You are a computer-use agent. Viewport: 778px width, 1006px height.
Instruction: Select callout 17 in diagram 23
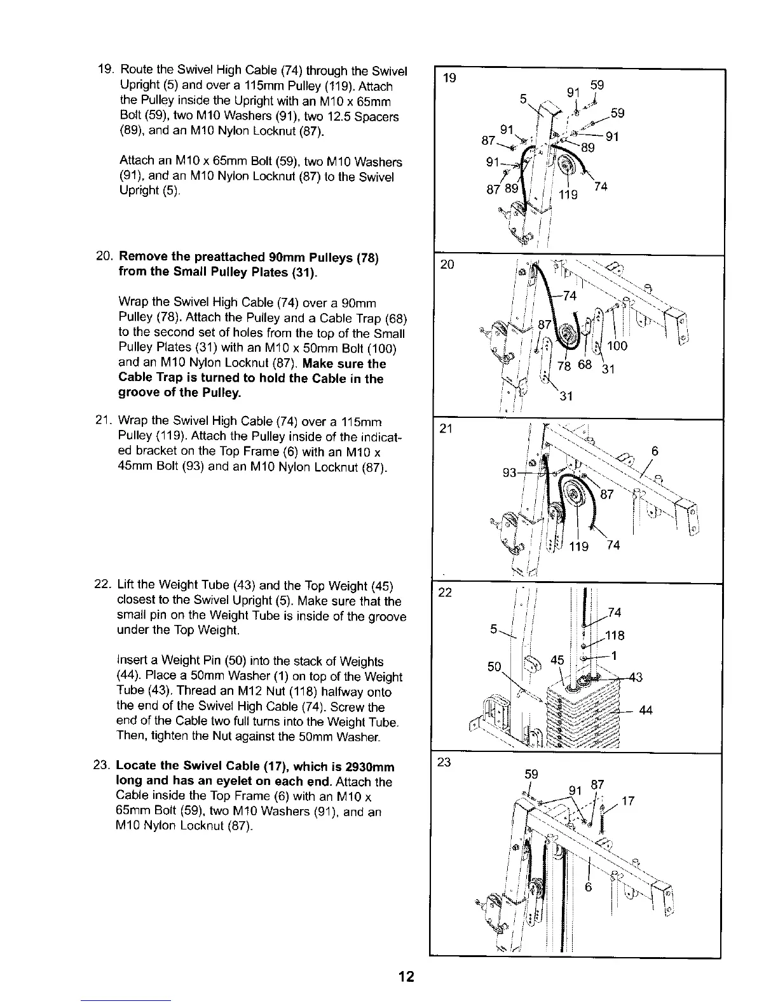[x=628, y=801]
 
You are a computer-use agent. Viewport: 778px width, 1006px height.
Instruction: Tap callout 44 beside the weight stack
[x=646, y=710]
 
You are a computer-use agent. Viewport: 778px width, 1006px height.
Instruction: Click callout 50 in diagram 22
[x=495, y=666]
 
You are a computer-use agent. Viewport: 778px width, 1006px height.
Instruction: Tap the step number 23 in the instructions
[x=104, y=766]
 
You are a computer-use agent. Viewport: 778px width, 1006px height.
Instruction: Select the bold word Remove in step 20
[x=144, y=257]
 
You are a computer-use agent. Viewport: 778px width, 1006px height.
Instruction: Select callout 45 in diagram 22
[x=557, y=660]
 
